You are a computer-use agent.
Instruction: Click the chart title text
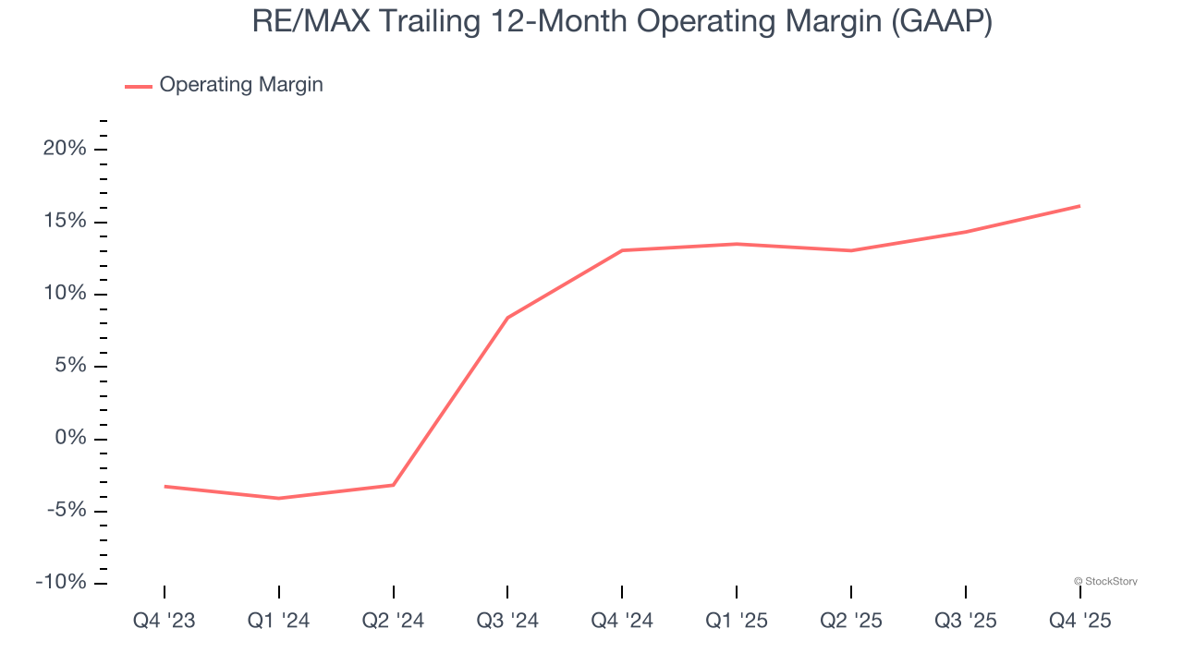(622, 22)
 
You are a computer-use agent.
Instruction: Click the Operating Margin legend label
(241, 85)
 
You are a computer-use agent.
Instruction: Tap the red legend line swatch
(139, 86)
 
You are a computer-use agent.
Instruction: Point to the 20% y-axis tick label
(65, 149)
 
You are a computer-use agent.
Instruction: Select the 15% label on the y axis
(65, 222)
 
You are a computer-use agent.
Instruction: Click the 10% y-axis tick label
(65, 294)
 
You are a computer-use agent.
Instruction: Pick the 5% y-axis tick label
(70, 366)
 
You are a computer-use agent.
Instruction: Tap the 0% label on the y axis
(70, 438)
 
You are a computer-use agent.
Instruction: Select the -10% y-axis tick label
(61, 583)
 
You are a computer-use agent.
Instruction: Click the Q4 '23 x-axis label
(165, 621)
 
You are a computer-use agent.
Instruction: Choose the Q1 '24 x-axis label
(278, 621)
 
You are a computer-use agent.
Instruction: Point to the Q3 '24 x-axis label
(507, 621)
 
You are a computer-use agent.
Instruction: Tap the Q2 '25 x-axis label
(851, 621)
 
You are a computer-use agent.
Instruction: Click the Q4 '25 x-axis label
(1079, 621)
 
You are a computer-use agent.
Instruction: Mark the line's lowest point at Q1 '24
(278, 499)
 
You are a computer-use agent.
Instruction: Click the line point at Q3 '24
(507, 318)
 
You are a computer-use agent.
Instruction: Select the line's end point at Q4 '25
(1079, 206)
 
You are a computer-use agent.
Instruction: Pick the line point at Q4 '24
(622, 250)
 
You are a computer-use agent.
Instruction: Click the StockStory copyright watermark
(1105, 581)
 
